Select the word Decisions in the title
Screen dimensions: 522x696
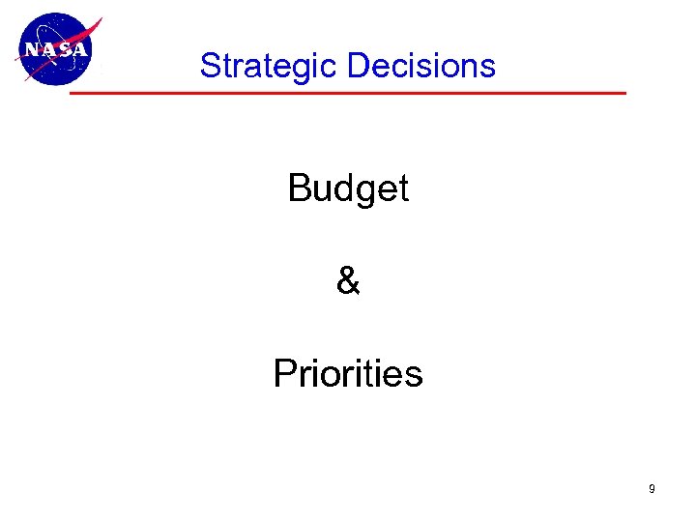[x=420, y=67]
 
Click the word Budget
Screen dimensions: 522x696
[x=348, y=188]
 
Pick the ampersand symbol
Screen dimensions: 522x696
[x=348, y=281]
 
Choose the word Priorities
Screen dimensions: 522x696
[x=348, y=373]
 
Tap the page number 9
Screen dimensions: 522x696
[x=652, y=489]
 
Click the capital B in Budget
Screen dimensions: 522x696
[x=299, y=188]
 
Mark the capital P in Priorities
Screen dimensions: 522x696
[x=284, y=373]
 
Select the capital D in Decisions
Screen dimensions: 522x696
[x=357, y=67]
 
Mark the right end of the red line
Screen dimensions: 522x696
[x=623, y=94]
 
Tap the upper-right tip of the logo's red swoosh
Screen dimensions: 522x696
[x=101, y=18]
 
